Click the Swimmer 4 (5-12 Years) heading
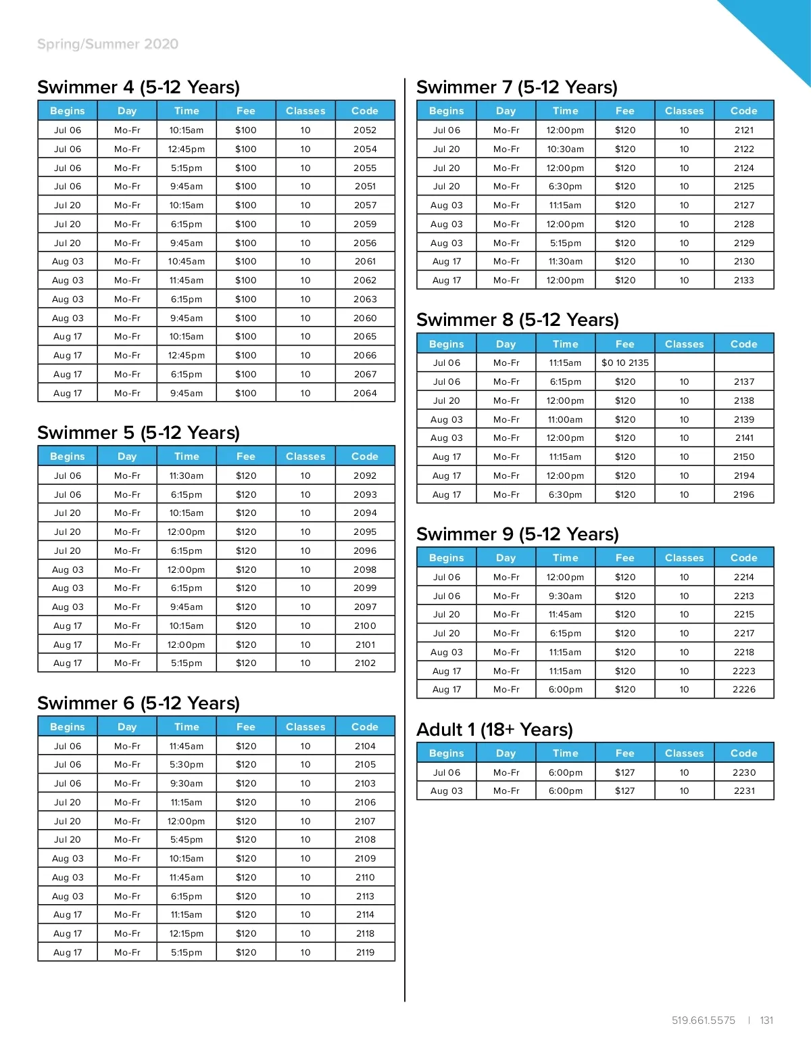[139, 87]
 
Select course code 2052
[365, 130]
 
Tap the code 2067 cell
[365, 374]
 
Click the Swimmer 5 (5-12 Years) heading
[139, 433]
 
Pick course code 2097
[365, 607]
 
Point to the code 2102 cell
[365, 663]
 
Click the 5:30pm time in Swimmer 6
[187, 764]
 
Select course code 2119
[365, 952]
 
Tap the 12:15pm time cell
[187, 933]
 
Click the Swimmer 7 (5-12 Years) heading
[517, 87]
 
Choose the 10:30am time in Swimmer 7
[566, 149]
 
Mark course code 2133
[744, 280]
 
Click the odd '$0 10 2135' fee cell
[625, 362]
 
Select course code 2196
[744, 494]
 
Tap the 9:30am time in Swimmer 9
[566, 596]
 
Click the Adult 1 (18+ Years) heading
[495, 730]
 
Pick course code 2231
[744, 791]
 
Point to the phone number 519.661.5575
[703, 1020]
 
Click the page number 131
[766, 1020]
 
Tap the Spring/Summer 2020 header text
[108, 44]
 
